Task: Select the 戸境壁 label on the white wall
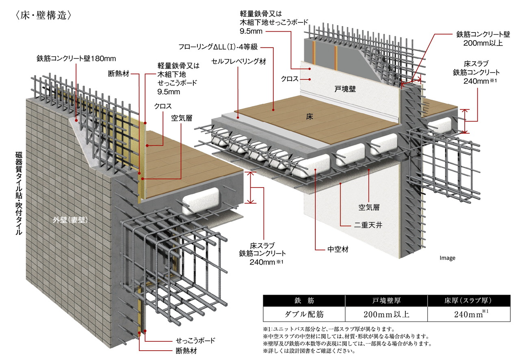(344, 89)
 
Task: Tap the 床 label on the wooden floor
(310, 116)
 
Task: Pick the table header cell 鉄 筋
(303, 301)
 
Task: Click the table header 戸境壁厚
(386, 301)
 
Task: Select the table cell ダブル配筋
(303, 314)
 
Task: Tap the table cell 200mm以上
(386, 314)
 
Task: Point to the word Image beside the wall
(447, 258)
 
